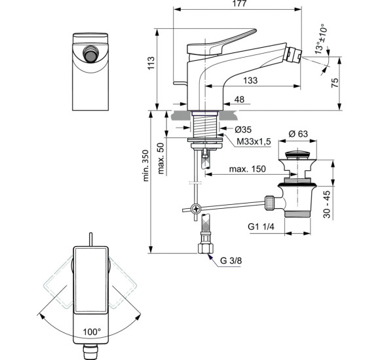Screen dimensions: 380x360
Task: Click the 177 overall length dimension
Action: (x=239, y=3)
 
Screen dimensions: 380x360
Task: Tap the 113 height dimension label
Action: (x=151, y=63)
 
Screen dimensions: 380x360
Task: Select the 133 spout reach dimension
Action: (x=250, y=81)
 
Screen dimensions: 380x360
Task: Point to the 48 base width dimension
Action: (x=239, y=99)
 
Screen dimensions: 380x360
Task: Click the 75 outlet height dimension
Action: (x=335, y=82)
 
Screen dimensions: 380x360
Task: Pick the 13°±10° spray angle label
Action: (x=321, y=39)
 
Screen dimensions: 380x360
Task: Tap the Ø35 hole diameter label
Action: (x=243, y=130)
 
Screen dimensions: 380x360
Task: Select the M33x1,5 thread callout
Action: (x=254, y=141)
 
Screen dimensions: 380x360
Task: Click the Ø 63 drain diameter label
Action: (x=298, y=134)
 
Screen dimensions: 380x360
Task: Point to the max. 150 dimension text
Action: (x=248, y=169)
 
